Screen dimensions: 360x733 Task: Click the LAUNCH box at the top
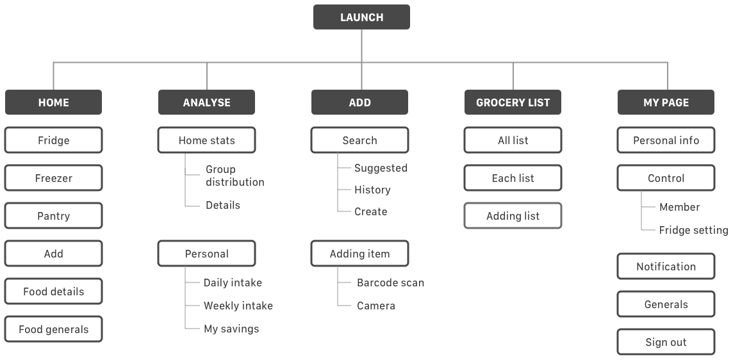point(361,17)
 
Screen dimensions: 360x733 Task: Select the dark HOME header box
point(53,102)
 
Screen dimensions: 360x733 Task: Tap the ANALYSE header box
point(206,102)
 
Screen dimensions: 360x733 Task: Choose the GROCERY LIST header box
point(513,102)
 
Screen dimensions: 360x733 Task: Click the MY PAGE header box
point(666,102)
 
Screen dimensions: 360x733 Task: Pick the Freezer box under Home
point(53,178)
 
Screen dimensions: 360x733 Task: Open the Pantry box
point(53,216)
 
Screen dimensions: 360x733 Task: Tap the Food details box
point(53,291)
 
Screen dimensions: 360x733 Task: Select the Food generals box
point(53,330)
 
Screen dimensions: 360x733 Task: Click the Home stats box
point(206,140)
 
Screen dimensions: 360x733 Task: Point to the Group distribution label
point(234,176)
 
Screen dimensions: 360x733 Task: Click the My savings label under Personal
point(231,329)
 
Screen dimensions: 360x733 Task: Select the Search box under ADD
point(359,140)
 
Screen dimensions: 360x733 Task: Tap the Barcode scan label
point(390,282)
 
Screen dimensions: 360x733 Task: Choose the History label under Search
point(372,190)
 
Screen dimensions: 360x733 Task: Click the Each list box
point(513,178)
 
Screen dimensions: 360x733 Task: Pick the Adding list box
point(513,216)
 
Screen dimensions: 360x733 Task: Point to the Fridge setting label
point(693,230)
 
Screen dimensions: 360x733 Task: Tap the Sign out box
point(666,342)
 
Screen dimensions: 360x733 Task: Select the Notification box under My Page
point(666,266)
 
